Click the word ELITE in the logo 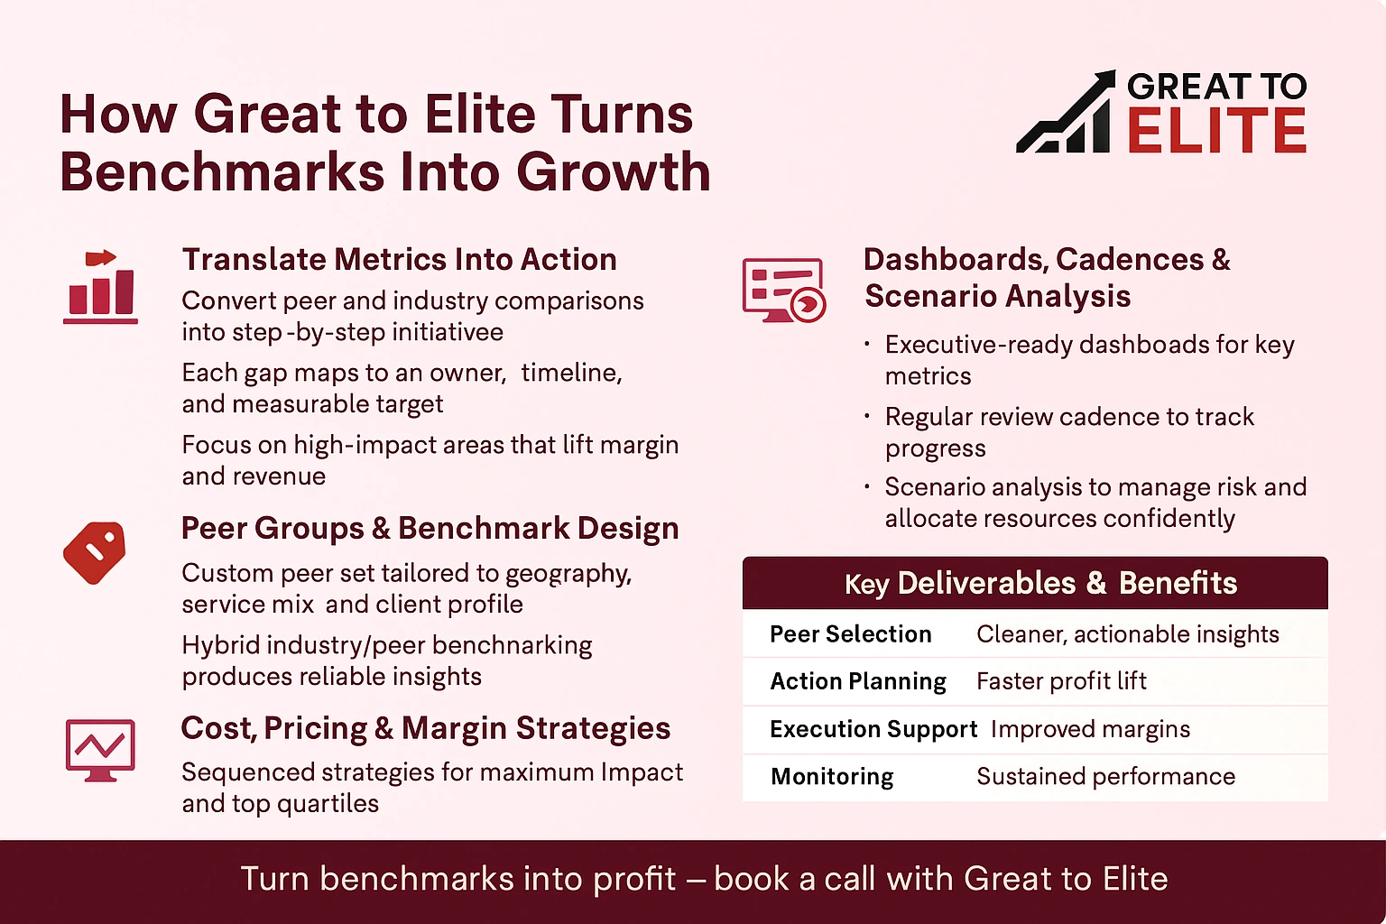tap(1216, 132)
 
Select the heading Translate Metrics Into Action tap(399, 260)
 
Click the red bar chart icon tap(100, 286)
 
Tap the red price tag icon tap(95, 551)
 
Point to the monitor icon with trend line tap(100, 749)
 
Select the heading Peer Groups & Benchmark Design tap(430, 529)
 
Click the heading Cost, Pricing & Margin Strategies tap(425, 728)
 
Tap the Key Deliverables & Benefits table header tap(1035, 583)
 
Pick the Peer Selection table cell tap(850, 634)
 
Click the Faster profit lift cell tap(1061, 681)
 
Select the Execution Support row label tap(873, 729)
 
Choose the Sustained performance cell tap(1105, 777)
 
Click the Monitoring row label tap(832, 777)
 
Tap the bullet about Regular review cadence tap(1069, 432)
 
